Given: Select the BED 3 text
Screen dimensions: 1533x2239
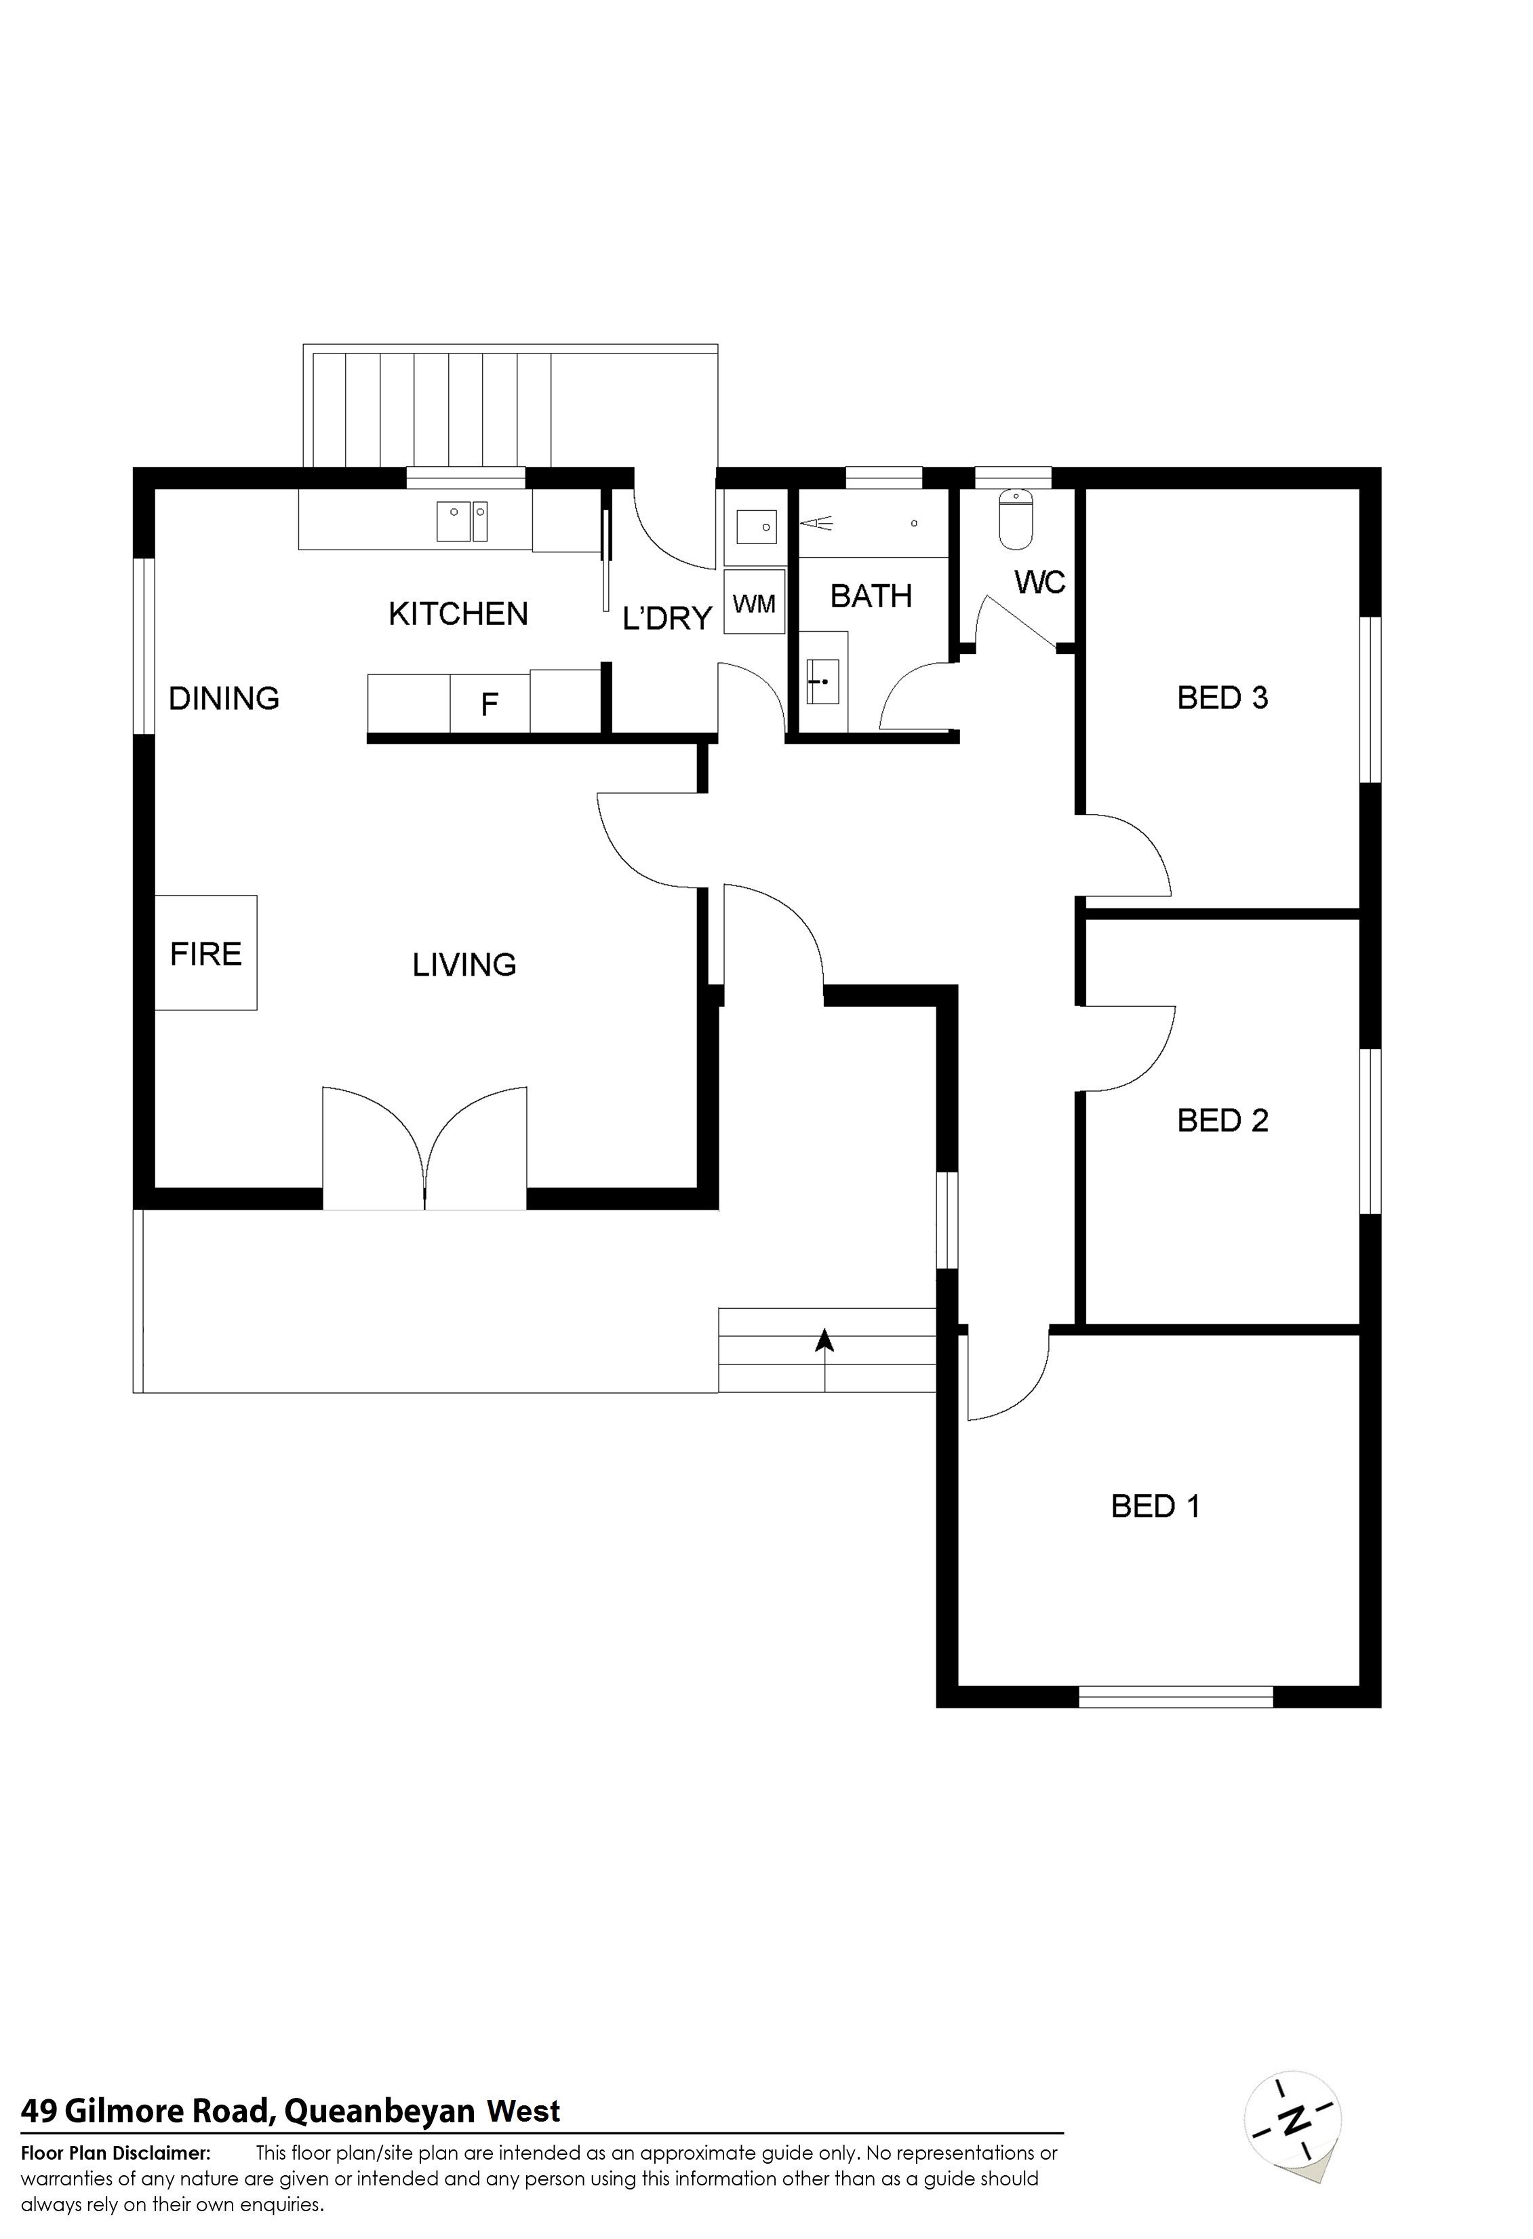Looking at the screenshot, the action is [x=1223, y=697].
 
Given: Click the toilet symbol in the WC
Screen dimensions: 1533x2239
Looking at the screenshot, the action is [x=1016, y=518].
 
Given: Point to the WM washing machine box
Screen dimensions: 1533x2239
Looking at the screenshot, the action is [x=754, y=603].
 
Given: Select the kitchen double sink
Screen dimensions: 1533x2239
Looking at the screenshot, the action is [x=462, y=521].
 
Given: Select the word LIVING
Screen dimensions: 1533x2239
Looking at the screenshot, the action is [x=464, y=964].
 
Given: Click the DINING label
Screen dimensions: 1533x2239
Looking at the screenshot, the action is [x=224, y=697].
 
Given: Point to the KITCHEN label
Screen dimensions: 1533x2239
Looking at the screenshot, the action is [x=458, y=614].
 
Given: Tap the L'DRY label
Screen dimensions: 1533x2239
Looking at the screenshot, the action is [x=667, y=617].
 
